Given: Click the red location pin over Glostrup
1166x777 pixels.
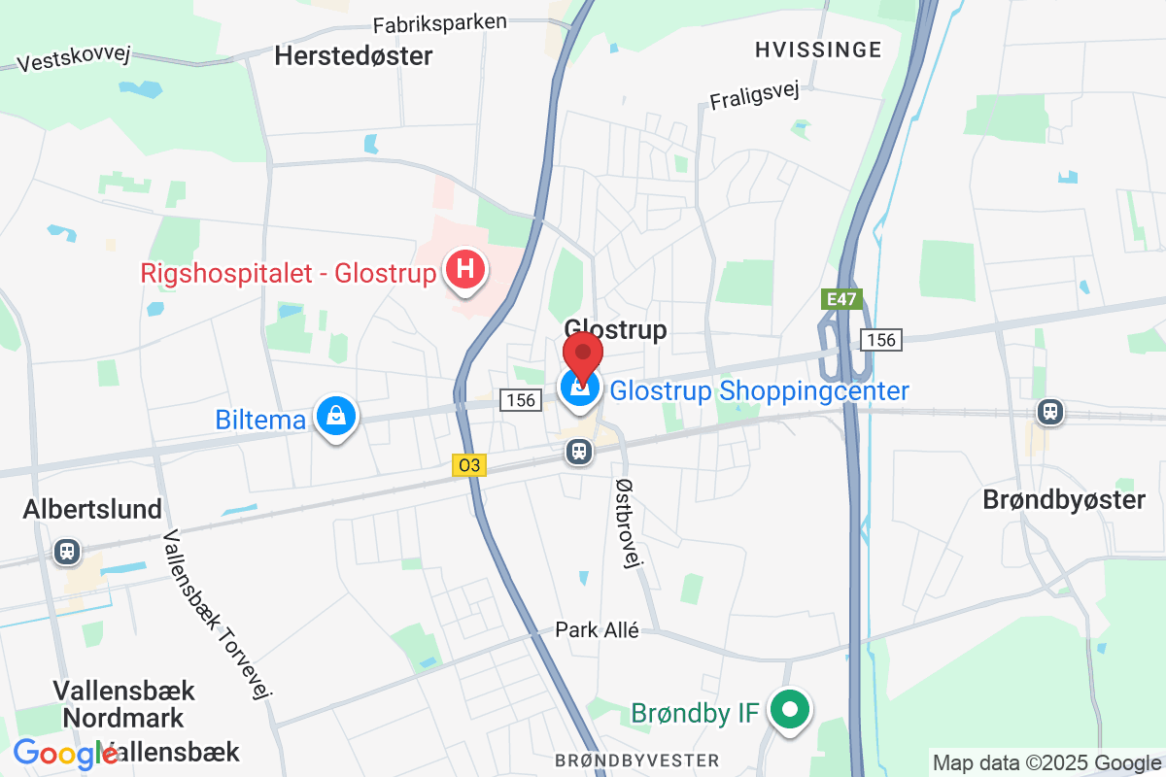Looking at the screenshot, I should (x=583, y=355).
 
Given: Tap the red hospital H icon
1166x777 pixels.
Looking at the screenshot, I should (x=465, y=268).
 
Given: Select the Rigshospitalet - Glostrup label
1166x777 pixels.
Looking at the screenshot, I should (x=289, y=274).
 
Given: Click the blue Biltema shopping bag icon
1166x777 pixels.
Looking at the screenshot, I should (x=335, y=417).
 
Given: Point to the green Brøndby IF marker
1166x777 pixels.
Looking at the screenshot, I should (x=791, y=710).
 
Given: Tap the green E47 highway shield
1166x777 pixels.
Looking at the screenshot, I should (x=841, y=300).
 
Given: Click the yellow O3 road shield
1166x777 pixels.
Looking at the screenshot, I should (x=468, y=466).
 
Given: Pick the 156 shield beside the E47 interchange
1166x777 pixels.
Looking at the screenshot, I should (x=880, y=340).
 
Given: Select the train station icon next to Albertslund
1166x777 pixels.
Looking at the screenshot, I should (x=67, y=551).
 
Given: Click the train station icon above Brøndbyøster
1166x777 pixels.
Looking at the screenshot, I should (x=1049, y=412).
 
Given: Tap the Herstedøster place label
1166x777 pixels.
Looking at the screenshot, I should (x=353, y=55).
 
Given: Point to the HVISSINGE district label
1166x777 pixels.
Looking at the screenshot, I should (x=818, y=50).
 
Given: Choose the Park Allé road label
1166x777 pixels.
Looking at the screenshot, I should (x=598, y=630).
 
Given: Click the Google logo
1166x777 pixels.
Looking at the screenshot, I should (x=66, y=754).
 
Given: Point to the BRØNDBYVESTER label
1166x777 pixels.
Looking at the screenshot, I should (x=637, y=760).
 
